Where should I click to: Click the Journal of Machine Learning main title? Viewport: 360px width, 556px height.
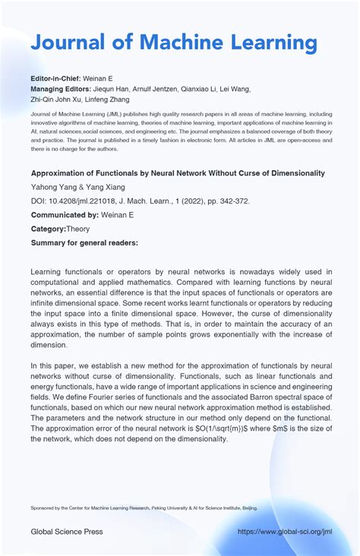[174, 43]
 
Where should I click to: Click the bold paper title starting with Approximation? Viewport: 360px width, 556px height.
[178, 173]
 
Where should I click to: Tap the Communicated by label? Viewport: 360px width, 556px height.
[65, 215]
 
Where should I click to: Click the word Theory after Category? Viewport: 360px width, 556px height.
[78, 229]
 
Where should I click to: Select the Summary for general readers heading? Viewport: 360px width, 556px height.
[84, 242]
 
